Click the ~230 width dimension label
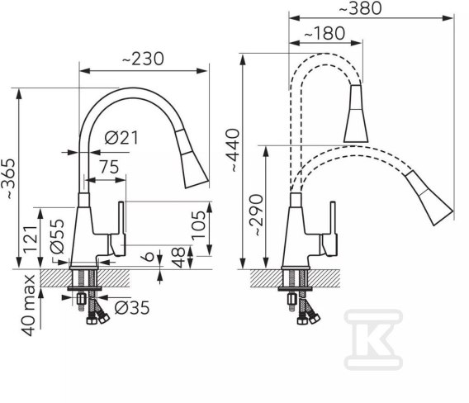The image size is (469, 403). (143, 59)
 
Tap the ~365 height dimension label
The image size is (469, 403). (8, 178)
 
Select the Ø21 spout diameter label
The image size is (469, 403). (121, 138)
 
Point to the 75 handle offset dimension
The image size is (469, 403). (109, 167)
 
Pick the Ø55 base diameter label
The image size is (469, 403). (57, 237)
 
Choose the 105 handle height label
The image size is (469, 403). (199, 225)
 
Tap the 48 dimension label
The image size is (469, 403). (178, 258)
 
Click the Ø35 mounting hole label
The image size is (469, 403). (132, 308)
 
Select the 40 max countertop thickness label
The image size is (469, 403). (28, 306)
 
